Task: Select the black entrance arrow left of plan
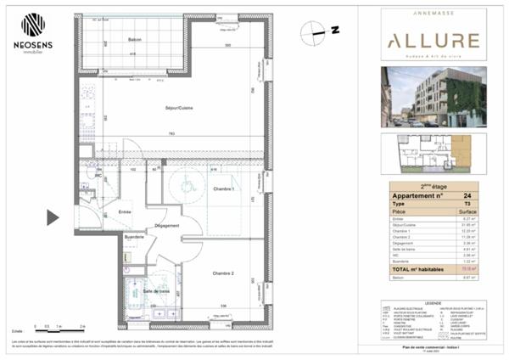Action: pyautogui.click(x=53, y=217)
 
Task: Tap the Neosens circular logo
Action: pyautogui.click(x=34, y=25)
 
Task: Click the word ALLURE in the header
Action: pyautogui.click(x=433, y=41)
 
